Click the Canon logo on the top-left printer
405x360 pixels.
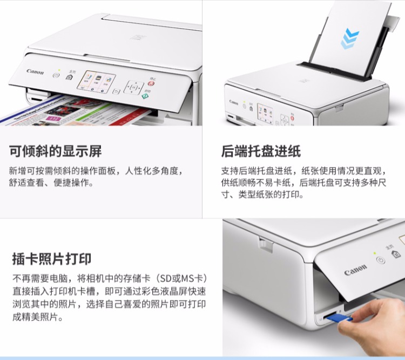point(35,72)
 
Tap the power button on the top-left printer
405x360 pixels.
point(56,75)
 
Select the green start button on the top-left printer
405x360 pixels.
point(145,96)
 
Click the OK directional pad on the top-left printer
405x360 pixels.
point(133,88)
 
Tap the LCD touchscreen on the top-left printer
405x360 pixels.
point(96,82)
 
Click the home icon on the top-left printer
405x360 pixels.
point(69,77)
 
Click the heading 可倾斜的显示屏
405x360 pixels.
point(56,151)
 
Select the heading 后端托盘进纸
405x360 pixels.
point(261,151)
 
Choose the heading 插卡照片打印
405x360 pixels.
point(52,259)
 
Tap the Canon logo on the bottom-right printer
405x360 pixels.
point(355,270)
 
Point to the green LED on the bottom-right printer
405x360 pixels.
point(375,253)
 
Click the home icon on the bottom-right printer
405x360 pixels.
point(396,254)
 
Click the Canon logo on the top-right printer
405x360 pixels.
point(233,102)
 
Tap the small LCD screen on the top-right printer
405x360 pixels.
point(265,114)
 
